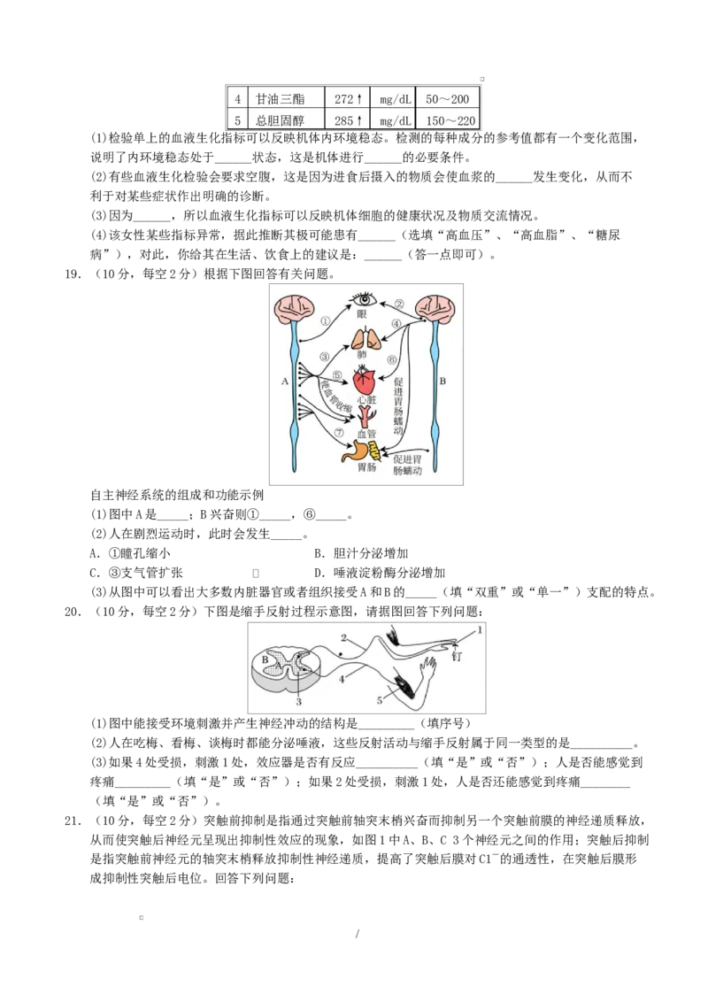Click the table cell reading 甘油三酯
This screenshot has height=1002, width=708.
[279, 97]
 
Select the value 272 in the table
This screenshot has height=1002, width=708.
[343, 97]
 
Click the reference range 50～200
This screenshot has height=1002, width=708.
[447, 97]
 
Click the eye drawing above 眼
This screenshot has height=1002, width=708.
[362, 298]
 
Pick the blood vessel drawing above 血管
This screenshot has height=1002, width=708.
[366, 415]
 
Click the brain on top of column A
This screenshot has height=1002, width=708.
[295, 307]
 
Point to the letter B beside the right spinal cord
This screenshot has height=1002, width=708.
[442, 382]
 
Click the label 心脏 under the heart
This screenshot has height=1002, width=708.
[366, 400]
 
